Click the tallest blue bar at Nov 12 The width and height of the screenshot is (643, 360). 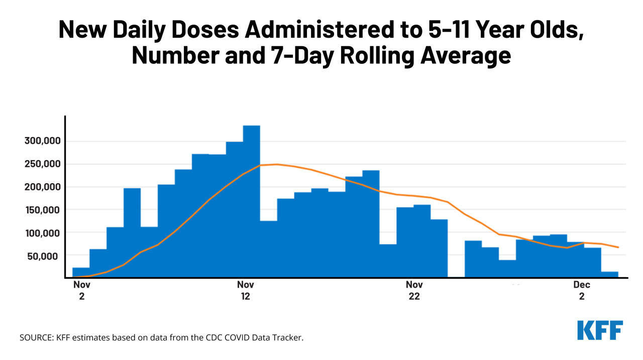251,201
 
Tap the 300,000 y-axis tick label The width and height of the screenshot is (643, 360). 42,141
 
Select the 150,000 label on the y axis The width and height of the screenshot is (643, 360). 42,210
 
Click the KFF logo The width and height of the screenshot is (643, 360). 600,330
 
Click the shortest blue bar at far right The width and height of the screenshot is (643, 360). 610,274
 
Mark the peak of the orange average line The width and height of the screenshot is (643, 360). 276,164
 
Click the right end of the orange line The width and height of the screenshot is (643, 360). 618,247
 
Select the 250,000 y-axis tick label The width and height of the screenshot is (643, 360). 42,164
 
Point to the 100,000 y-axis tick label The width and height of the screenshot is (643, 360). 42,233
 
